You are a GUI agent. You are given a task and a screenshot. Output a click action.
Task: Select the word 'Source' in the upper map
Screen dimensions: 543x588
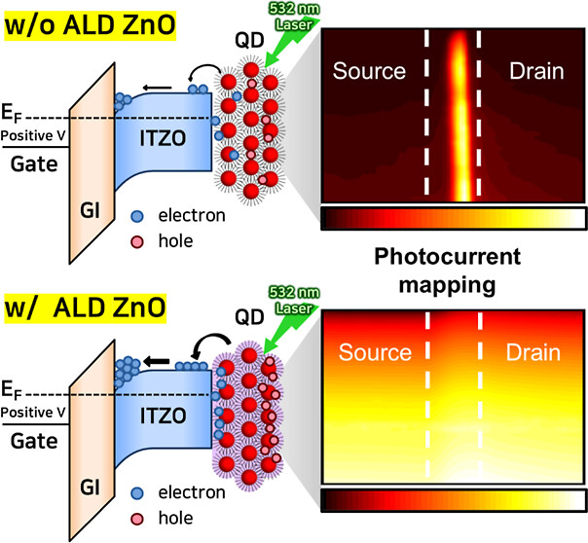point(368,71)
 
